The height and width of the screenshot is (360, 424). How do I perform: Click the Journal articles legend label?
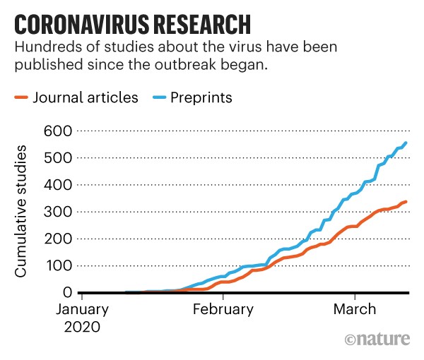point(86,97)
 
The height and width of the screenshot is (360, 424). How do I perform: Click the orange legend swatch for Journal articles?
point(21,98)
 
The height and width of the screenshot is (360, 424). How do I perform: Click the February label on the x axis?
point(223,310)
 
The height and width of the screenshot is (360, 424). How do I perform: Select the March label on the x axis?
point(355,310)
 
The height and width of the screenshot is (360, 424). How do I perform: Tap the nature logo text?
point(379,340)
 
